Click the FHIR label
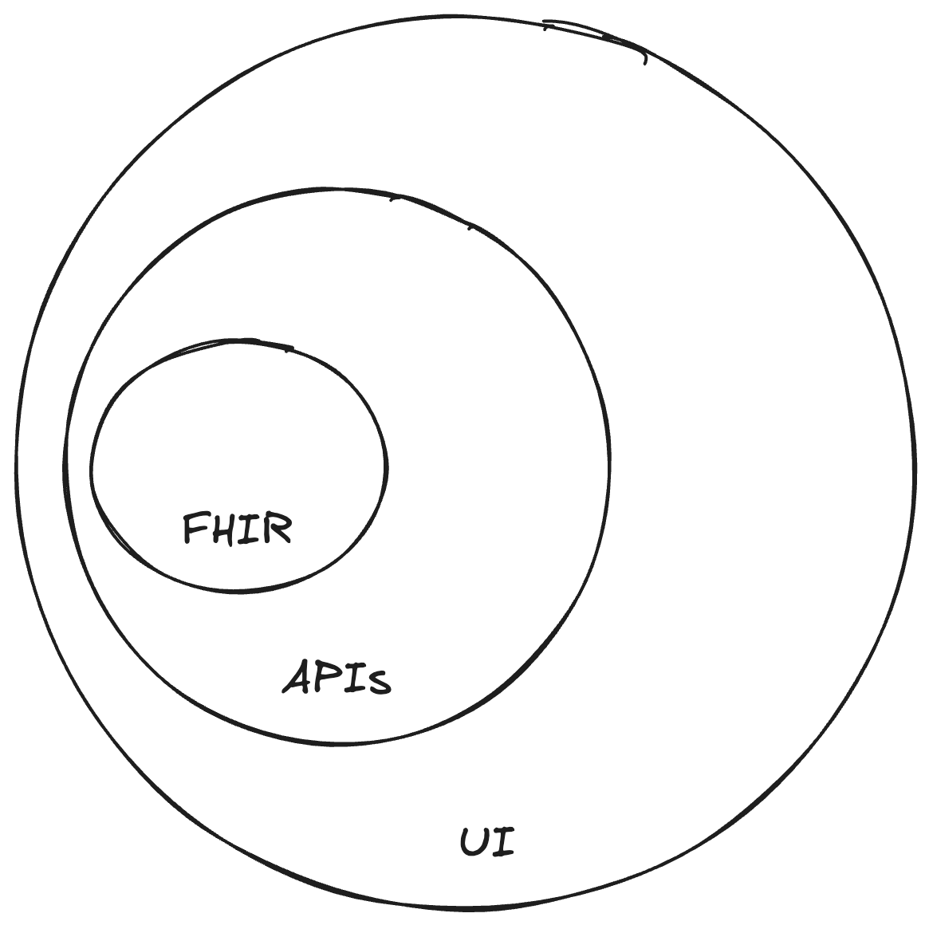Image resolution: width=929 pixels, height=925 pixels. [x=238, y=529]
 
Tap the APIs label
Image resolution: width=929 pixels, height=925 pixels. [x=337, y=678]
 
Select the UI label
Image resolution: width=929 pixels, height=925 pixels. [x=488, y=842]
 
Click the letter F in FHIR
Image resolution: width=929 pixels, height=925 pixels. [x=195, y=529]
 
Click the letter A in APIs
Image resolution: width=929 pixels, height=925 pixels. [x=298, y=677]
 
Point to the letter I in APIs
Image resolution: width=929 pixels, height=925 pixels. [x=354, y=679]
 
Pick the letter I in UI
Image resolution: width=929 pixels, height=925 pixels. [x=503, y=842]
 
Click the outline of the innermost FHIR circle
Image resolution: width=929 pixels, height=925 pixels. [x=387, y=466]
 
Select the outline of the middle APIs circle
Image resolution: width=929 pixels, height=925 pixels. [x=610, y=462]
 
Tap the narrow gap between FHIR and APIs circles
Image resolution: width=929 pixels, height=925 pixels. [x=79, y=462]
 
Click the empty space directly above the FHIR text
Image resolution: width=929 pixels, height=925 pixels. [x=238, y=447]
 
